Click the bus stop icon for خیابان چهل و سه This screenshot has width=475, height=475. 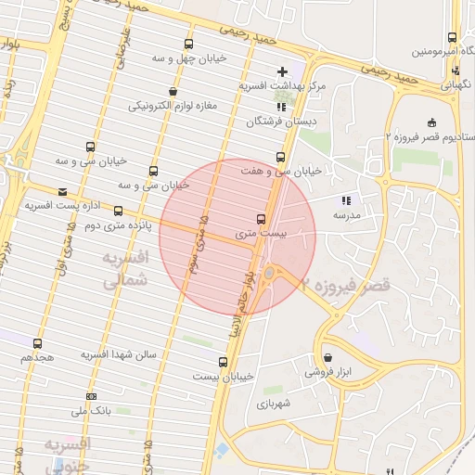coord(189,44)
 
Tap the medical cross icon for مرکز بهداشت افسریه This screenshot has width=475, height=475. coord(282,71)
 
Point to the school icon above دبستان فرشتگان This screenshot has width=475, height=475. coord(281,108)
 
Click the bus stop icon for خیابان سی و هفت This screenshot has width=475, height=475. coord(280,157)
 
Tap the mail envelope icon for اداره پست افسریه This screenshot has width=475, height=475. coord(62,192)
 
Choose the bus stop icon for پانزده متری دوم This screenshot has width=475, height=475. coord(118,212)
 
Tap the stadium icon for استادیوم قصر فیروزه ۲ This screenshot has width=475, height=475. coord(431,122)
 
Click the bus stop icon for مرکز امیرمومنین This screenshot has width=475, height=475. coord(452,38)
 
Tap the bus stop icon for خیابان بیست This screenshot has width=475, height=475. coord(223,362)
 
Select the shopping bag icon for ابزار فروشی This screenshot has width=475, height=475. coord(328,358)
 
